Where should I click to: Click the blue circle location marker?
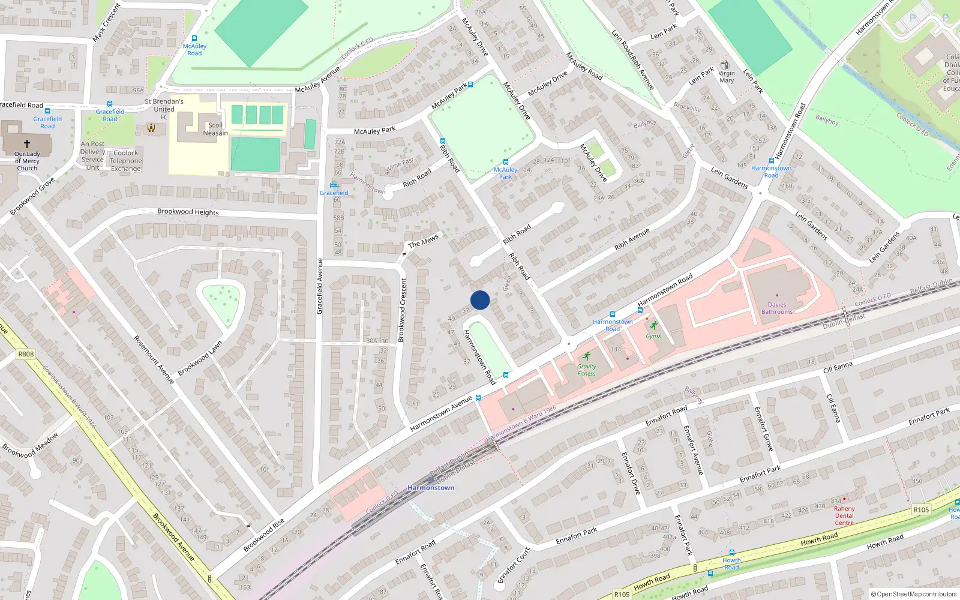click(480, 300)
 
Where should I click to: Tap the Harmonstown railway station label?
click(431, 488)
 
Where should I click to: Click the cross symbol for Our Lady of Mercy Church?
click(27, 144)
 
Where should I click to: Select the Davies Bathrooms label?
click(777, 308)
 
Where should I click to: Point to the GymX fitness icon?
click(654, 326)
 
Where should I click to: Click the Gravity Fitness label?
click(586, 370)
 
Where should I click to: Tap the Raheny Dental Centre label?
click(844, 515)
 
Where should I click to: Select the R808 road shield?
click(26, 354)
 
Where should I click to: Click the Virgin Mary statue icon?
click(725, 65)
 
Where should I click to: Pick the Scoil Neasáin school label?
click(215, 129)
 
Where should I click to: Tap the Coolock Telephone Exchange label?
click(126, 161)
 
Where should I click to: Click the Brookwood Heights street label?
click(188, 212)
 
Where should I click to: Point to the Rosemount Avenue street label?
click(154, 359)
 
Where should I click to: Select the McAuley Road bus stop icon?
click(194, 38)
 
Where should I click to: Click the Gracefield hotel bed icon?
click(334, 185)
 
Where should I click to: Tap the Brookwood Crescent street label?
click(403, 310)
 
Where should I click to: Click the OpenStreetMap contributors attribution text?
click(914, 595)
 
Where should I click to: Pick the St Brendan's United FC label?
click(164, 109)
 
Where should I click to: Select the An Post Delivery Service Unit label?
click(92, 156)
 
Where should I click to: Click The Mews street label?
click(424, 241)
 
